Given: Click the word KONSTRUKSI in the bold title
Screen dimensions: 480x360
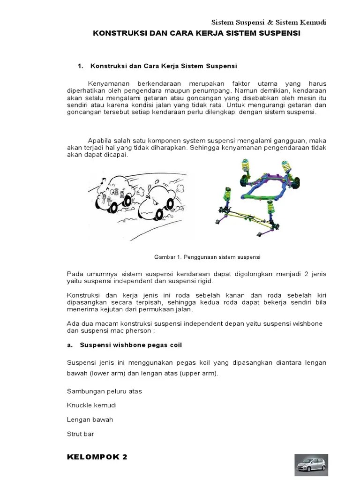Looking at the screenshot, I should coord(116,34).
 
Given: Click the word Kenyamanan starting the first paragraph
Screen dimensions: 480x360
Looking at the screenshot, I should coord(108,83).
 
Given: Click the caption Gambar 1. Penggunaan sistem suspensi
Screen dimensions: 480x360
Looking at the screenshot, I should coord(207,257).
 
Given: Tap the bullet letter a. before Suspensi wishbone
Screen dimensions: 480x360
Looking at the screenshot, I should coord(70,345).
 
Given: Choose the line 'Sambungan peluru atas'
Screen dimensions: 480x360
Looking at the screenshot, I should coord(104,391).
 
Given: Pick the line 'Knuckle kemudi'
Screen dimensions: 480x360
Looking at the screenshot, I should coord(92,405).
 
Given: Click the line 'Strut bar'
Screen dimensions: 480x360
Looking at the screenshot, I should coord(81,434).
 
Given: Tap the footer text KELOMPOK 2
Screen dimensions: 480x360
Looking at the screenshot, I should coord(97,457).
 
